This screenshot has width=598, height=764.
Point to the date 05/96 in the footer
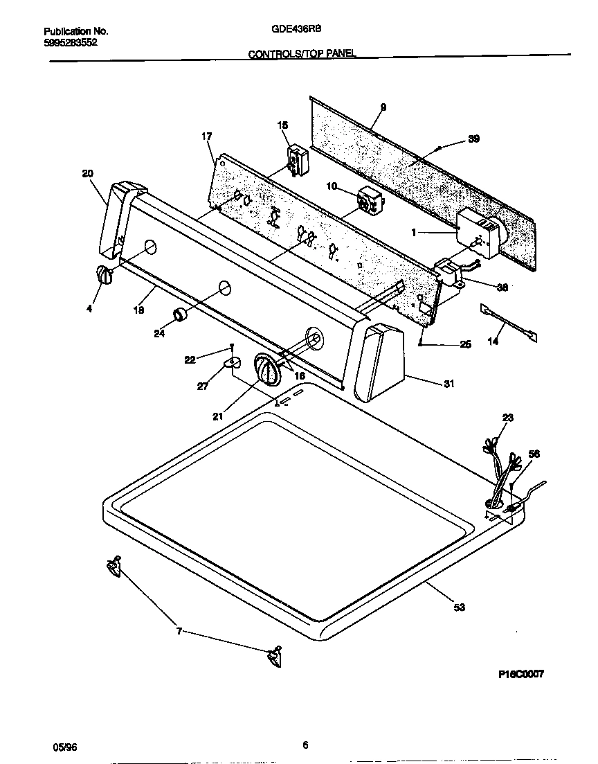pyautogui.click(x=64, y=747)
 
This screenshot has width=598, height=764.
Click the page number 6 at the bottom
pyautogui.click(x=305, y=745)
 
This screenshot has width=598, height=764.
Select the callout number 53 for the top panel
pyautogui.click(x=460, y=607)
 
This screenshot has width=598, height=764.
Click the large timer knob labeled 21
pyautogui.click(x=266, y=368)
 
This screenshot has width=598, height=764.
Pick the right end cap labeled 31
pyautogui.click(x=381, y=362)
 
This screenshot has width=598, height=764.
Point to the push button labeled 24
pyautogui.click(x=181, y=314)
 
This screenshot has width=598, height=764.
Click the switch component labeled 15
pyautogui.click(x=298, y=159)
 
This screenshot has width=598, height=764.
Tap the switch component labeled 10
pyautogui.click(x=370, y=201)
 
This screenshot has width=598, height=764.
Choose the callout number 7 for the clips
pyautogui.click(x=179, y=631)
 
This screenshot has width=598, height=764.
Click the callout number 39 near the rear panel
pyautogui.click(x=473, y=139)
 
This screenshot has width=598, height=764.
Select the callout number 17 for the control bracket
pyautogui.click(x=206, y=136)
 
